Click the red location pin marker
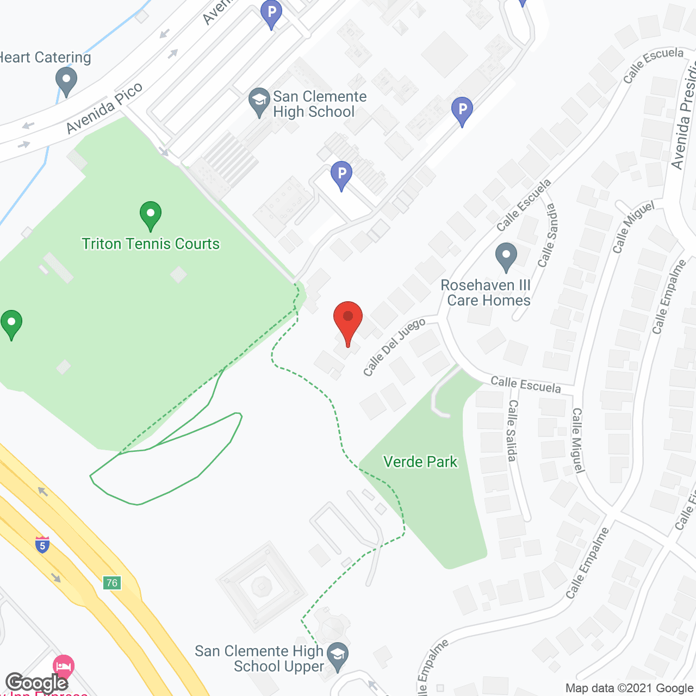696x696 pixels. tap(347, 320)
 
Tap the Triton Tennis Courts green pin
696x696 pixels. tap(151, 215)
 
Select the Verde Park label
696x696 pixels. tap(420, 462)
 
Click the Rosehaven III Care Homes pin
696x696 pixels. tap(506, 256)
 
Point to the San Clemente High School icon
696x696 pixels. tap(259, 101)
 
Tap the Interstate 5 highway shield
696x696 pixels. tap(42, 544)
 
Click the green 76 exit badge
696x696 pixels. tap(112, 583)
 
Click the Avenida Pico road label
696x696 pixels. tap(104, 108)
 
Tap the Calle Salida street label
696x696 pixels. tap(512, 431)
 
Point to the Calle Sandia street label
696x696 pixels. tap(548, 235)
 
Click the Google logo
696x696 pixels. tap(36, 683)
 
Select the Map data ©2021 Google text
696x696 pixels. tap(629, 688)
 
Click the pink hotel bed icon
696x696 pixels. tap(64, 666)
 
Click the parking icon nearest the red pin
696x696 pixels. tap(341, 175)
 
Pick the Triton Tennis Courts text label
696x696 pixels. tap(151, 244)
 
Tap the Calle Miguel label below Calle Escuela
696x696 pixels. tap(577, 440)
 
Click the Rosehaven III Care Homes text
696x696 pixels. tap(486, 293)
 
